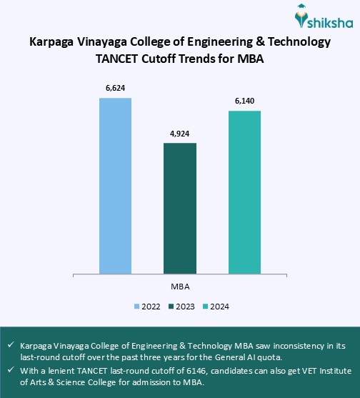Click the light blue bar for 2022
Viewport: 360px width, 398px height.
[x=115, y=185]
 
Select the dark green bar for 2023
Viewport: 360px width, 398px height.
[x=180, y=208]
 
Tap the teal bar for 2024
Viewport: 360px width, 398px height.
[x=244, y=191]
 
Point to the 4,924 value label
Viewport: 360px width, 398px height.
[x=180, y=134]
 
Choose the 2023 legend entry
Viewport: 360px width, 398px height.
[x=181, y=306]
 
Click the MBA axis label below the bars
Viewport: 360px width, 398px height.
[x=180, y=286]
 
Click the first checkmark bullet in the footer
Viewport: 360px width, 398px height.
[x=10, y=344]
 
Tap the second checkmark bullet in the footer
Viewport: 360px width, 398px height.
[x=10, y=370]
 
